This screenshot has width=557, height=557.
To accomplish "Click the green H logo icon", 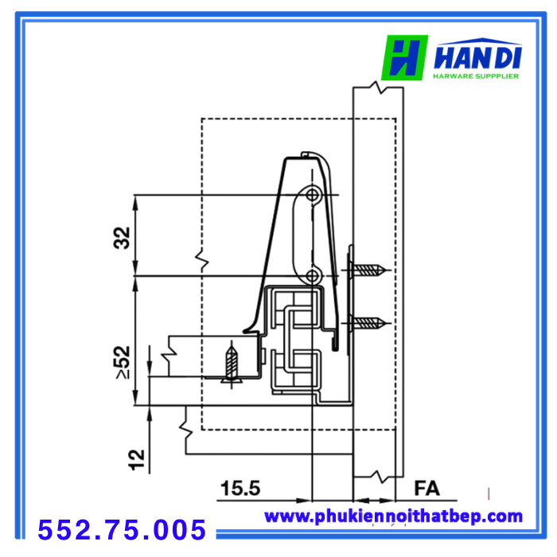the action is coord(404,57).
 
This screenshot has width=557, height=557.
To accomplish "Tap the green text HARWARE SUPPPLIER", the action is coord(476,76).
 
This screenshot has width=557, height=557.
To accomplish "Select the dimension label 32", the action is coord(122,237).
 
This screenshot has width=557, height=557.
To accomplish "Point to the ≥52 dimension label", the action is coord(123,362).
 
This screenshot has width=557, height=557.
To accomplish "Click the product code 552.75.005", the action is coord(122,530).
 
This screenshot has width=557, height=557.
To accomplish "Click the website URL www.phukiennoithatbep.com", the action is coord(393,516).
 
